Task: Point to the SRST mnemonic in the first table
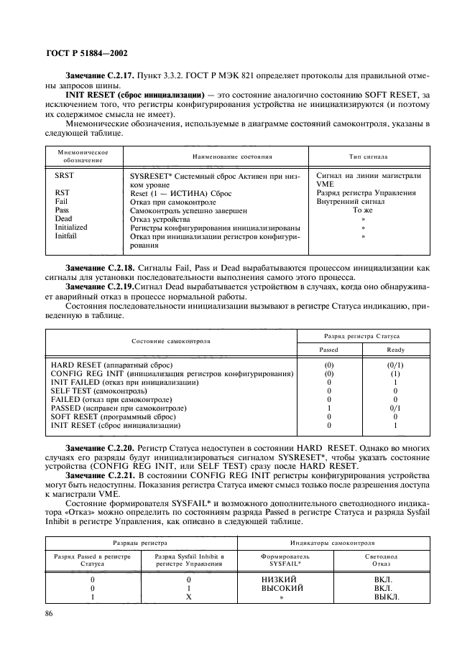pyautogui.click(x=65, y=176)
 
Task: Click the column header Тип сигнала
pyautogui.click(x=369, y=156)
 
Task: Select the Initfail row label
pyautogui.click(x=66, y=235)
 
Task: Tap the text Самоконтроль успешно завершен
pyautogui.click(x=189, y=210)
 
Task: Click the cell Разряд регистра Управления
pyautogui.click(x=365, y=193)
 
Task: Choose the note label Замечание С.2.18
pyautogui.click(x=103, y=267)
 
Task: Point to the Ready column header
pyautogui.click(x=395, y=350)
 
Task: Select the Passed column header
pyautogui.click(x=328, y=350)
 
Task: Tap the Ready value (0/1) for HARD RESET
pyautogui.click(x=395, y=365)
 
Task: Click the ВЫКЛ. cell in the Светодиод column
pyautogui.click(x=386, y=597)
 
